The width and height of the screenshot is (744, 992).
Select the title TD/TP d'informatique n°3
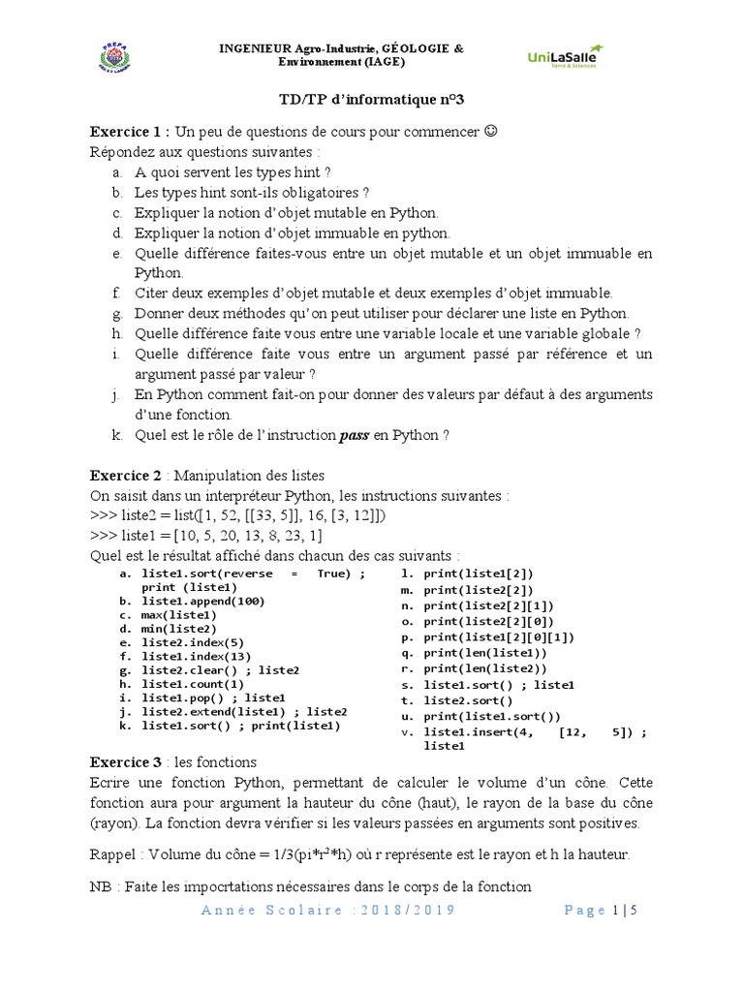pos(371,99)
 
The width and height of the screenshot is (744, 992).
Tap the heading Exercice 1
pos(129,133)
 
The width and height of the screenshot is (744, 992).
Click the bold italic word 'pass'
pos(353,435)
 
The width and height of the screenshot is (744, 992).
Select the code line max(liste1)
pos(179,615)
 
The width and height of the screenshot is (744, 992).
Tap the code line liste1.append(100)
pos(202,601)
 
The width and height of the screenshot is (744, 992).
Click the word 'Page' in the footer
pos(585,911)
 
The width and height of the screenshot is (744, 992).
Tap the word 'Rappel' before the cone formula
pos(114,854)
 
